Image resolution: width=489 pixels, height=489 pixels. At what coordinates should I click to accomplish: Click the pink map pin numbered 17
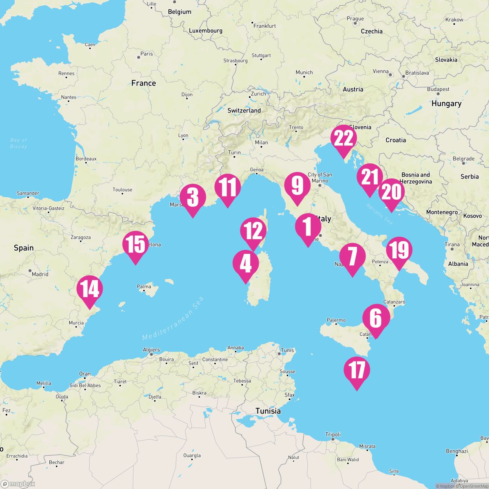(x=357, y=370)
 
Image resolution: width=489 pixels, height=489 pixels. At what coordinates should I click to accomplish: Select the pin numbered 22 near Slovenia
(x=344, y=139)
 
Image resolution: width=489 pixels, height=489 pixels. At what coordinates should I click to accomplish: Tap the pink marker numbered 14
(x=90, y=289)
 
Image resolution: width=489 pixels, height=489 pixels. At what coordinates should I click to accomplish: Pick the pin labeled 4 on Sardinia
(x=245, y=263)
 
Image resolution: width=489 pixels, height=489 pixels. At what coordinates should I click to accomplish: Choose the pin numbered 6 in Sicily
(x=375, y=318)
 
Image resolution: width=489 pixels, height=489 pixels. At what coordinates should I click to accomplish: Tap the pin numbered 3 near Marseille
(x=192, y=197)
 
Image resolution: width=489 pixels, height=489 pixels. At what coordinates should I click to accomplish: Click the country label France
(x=143, y=83)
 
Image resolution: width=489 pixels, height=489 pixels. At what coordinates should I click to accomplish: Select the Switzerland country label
(x=244, y=110)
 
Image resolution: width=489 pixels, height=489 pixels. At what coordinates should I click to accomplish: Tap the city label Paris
(x=146, y=54)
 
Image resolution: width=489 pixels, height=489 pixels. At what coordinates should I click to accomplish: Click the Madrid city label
(x=40, y=274)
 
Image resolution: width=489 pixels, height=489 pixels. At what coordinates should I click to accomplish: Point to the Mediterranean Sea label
(x=173, y=318)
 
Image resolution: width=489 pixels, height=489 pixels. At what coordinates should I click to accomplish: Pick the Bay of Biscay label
(x=19, y=143)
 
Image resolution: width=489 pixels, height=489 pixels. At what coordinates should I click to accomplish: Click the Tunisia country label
(x=268, y=411)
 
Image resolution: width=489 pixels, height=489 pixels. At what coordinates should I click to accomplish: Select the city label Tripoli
(x=333, y=434)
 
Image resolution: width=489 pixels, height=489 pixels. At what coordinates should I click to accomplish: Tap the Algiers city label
(x=152, y=350)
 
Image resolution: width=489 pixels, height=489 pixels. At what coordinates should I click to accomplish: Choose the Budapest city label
(x=438, y=89)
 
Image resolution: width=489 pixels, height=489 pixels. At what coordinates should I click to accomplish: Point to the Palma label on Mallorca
(x=144, y=287)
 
